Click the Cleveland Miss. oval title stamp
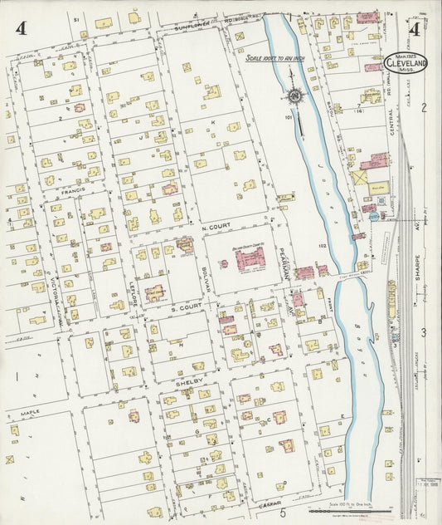tap(406, 63)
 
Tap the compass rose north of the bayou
tap(294, 96)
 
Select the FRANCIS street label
tap(75, 192)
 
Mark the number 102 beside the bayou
tap(325, 247)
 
